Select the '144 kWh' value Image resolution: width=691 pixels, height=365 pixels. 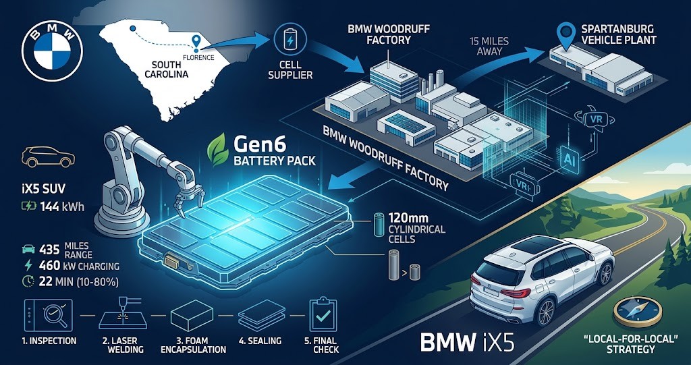pos(61,206)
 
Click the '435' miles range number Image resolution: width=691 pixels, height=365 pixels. pos(49,250)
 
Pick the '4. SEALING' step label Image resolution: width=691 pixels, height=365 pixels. pos(260,341)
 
